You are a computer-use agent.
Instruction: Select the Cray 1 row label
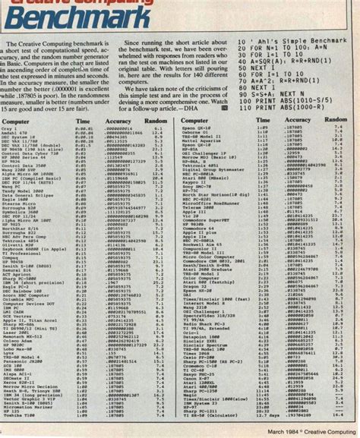tap(13, 129)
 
